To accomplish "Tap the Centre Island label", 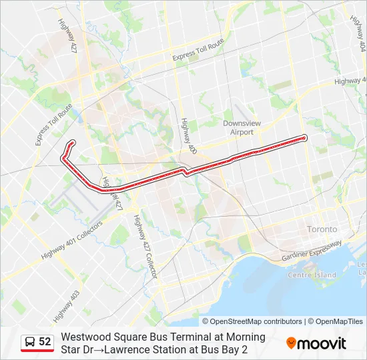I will click(312, 275).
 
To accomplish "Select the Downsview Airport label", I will click(238, 128).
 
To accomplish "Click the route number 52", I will click(45, 342).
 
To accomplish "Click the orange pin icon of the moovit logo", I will click(291, 343).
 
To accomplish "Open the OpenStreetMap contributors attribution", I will click(256, 321).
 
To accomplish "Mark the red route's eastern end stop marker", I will click(304, 138).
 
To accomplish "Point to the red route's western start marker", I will click(72, 143).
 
